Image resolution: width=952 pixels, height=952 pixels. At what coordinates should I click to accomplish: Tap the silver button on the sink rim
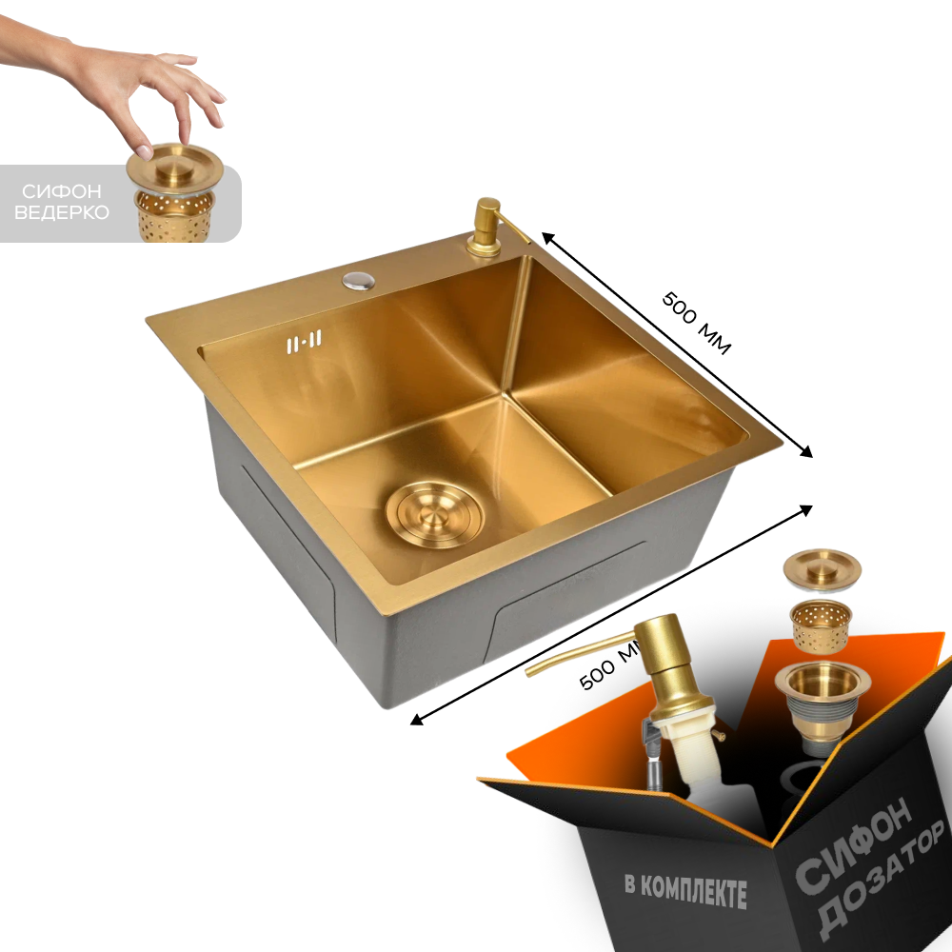[358, 280]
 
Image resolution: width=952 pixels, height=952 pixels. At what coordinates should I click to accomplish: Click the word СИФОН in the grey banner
[61, 192]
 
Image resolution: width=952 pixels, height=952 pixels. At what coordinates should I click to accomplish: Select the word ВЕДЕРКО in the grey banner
[61, 212]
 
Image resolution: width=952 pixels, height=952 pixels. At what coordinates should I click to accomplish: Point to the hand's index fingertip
[144, 151]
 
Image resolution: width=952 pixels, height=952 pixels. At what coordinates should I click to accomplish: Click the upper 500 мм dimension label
[697, 323]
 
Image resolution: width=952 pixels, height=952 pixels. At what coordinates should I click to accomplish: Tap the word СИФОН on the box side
[853, 843]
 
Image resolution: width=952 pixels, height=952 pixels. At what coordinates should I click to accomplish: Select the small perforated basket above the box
[821, 625]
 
